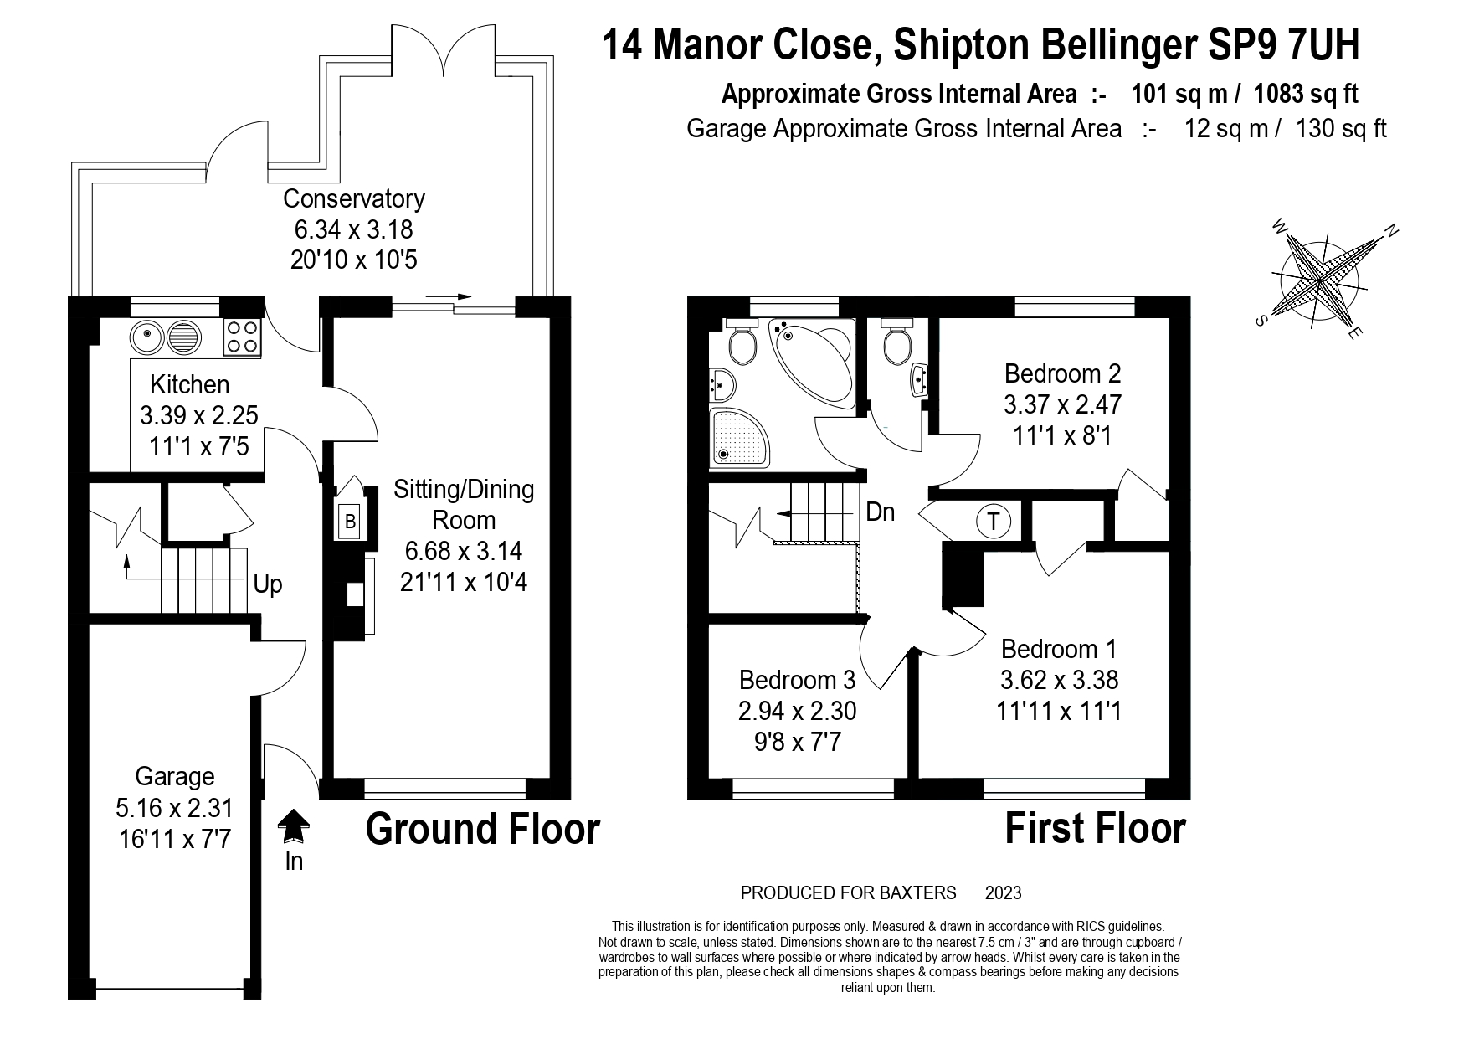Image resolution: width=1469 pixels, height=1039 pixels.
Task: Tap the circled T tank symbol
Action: tap(994, 522)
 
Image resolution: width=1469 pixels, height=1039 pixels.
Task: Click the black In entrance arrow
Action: tap(293, 826)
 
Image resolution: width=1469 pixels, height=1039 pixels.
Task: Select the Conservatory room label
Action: tap(353, 199)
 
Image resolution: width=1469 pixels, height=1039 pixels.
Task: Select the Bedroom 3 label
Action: tap(798, 679)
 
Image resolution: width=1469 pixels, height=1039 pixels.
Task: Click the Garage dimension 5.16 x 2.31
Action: tap(174, 808)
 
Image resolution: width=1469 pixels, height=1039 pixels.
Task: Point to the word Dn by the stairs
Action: tap(880, 512)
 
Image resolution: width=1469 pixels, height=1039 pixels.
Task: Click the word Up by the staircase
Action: tap(268, 584)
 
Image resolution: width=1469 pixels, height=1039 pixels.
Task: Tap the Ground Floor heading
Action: tap(483, 829)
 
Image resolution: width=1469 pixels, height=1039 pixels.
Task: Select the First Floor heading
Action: tap(1095, 829)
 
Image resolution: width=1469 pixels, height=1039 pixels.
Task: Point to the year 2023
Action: tap(1004, 893)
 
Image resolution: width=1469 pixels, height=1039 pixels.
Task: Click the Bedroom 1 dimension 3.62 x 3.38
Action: tap(1059, 680)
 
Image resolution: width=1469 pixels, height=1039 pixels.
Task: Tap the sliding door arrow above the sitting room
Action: tap(449, 296)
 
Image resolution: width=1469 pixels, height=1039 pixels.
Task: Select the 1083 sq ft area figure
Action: tap(1306, 94)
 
